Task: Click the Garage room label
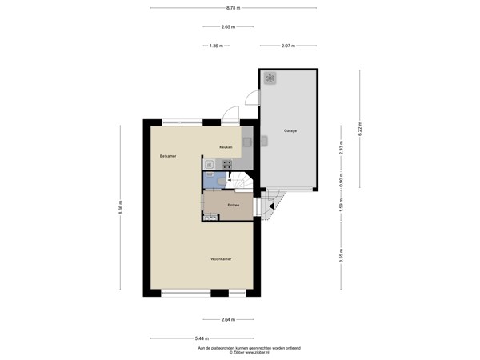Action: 290,130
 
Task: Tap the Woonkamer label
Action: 222,260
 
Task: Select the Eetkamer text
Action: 167,155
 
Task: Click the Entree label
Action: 234,206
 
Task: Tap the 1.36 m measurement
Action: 214,46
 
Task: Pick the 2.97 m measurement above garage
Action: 290,46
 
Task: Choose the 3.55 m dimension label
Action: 340,256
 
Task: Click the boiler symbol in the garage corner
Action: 270,78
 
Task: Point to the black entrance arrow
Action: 272,206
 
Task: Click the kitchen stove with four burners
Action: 216,164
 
